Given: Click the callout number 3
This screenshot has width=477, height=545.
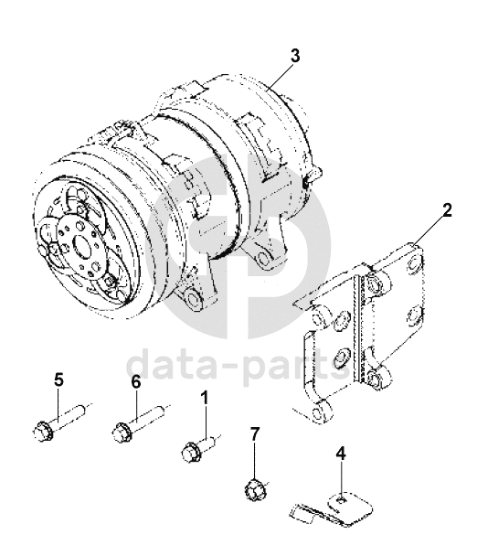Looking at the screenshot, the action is click(x=295, y=56).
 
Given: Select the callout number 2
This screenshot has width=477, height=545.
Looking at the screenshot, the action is click(x=447, y=210).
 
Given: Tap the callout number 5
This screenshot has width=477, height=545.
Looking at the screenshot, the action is click(x=59, y=379).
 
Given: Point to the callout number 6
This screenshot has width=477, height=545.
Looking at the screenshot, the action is click(x=136, y=382).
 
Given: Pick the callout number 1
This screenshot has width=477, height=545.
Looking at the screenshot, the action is click(x=206, y=397).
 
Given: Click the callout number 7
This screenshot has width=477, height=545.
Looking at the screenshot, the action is click(x=255, y=433).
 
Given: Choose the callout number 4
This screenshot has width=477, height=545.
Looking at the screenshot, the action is click(x=342, y=454).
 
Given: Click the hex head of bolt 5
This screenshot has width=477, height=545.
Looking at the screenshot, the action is click(x=43, y=432).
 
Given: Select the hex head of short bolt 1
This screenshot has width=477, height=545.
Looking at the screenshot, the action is click(x=190, y=453).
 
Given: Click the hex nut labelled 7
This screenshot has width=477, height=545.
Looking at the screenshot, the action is click(x=254, y=490).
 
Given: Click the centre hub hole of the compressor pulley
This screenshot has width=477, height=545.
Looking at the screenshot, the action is click(x=82, y=244).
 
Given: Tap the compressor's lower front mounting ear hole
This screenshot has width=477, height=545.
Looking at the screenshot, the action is click(x=192, y=298).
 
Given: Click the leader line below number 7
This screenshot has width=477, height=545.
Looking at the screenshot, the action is click(x=255, y=461).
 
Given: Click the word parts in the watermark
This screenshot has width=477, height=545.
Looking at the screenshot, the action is click(x=294, y=368).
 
